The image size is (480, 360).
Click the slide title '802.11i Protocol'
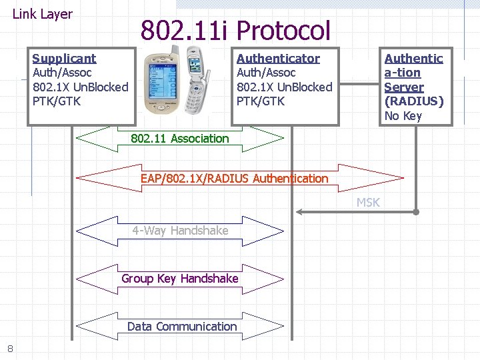point(235,30)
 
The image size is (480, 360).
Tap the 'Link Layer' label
point(43,14)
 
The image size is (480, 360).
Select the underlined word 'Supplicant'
point(64,59)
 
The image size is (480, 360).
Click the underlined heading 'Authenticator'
point(278,59)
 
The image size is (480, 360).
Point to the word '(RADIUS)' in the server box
point(414,101)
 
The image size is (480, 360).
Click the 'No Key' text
point(403,116)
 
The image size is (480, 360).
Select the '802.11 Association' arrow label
point(179,139)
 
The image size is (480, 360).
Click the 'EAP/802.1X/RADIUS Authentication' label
point(234,179)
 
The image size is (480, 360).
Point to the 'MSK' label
point(368,203)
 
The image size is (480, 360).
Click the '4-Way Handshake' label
point(180,231)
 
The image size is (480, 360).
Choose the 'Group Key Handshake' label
point(180,279)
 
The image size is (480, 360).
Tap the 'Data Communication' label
point(182,327)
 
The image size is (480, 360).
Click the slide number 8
point(10,348)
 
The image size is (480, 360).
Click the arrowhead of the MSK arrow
point(300,212)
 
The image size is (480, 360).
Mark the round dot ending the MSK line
point(415,212)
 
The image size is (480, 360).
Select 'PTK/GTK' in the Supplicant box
point(57,101)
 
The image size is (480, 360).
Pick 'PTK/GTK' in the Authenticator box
point(261,101)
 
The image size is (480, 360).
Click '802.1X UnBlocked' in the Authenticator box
point(284,87)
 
